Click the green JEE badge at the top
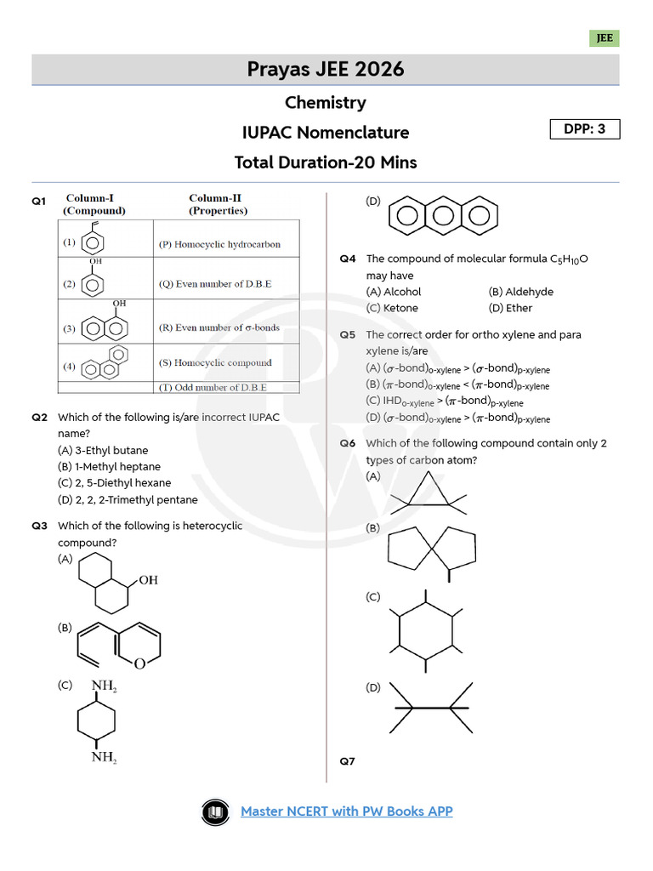(604, 38)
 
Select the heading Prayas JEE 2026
(326, 69)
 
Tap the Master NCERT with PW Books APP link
(346, 811)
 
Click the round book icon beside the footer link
(215, 812)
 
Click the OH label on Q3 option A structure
(148, 580)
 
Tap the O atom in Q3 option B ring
(140, 664)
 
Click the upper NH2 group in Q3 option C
(104, 686)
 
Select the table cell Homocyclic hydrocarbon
(219, 244)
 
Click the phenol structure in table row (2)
(94, 281)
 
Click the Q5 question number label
(347, 335)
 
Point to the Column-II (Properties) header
(219, 204)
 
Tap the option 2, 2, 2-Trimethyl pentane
(128, 500)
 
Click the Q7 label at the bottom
(347, 761)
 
